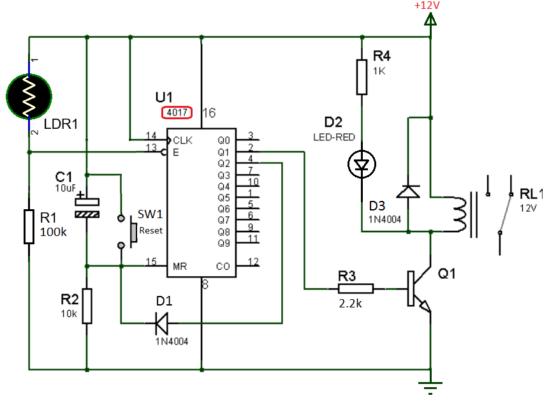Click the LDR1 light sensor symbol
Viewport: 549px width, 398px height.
(x=29, y=96)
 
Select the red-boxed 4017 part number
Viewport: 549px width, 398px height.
(x=177, y=112)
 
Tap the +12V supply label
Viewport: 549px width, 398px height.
(x=427, y=6)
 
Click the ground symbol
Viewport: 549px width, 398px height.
(x=430, y=387)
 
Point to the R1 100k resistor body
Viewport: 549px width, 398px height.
(x=29, y=226)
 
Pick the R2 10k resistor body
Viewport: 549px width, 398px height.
(x=87, y=306)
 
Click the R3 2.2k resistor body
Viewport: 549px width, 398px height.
(x=356, y=289)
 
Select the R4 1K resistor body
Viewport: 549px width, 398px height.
(x=362, y=77)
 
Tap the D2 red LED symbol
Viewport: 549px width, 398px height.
(x=362, y=164)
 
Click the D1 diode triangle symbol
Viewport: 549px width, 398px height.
(x=161, y=323)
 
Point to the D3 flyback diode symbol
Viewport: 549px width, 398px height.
(x=408, y=191)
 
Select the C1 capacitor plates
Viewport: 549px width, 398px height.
(x=87, y=208)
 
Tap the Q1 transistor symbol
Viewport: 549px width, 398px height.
(x=419, y=289)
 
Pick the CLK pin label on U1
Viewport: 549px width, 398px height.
(x=182, y=140)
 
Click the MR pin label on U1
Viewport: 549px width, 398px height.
(x=180, y=267)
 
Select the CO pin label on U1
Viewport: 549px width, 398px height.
(x=223, y=267)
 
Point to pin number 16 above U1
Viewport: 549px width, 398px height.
(x=209, y=113)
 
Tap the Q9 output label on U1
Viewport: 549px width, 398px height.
(x=224, y=243)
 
